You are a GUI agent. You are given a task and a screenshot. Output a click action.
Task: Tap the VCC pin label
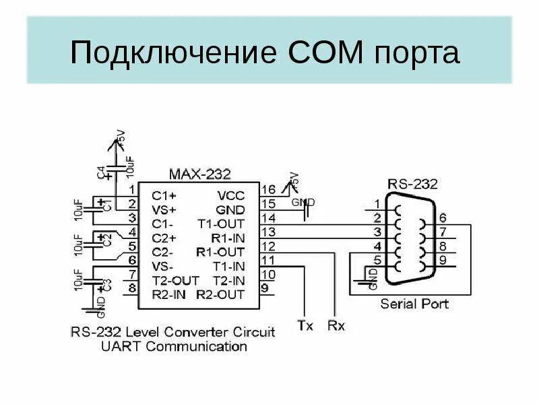click(x=231, y=195)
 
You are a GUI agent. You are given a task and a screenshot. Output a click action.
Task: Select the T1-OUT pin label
click(x=221, y=224)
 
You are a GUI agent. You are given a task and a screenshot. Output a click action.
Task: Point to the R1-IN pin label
click(x=227, y=238)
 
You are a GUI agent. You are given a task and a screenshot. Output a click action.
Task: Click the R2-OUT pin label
click(x=220, y=294)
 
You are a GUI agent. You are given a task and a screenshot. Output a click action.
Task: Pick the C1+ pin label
click(x=164, y=195)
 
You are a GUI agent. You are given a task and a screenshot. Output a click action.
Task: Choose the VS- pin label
click(x=164, y=266)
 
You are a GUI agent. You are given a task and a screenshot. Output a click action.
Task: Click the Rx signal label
click(x=336, y=326)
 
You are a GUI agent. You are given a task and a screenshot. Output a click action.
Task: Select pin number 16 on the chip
click(x=268, y=190)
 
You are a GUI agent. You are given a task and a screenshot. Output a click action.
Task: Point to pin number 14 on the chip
click(x=268, y=218)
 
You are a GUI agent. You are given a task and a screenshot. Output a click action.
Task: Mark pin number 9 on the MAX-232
click(x=265, y=289)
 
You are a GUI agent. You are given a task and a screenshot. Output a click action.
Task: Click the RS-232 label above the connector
click(x=413, y=183)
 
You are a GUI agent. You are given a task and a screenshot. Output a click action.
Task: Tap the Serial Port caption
click(x=414, y=304)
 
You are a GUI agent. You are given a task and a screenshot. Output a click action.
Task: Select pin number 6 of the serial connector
click(x=441, y=217)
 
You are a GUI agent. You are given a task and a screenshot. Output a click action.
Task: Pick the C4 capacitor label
click(x=101, y=173)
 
